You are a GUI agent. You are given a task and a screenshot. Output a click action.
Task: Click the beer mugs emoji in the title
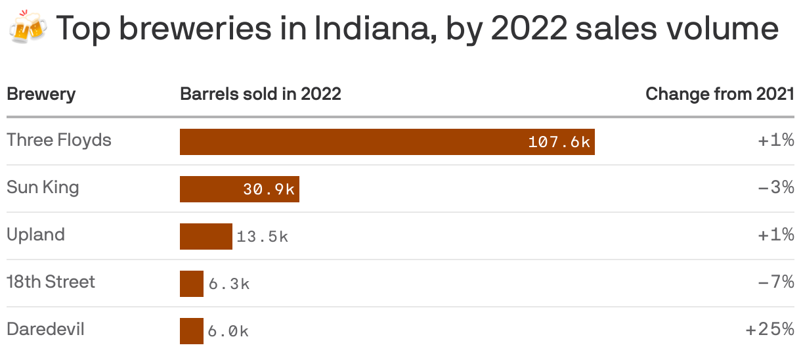(28, 28)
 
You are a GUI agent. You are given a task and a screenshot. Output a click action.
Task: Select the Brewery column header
(41, 94)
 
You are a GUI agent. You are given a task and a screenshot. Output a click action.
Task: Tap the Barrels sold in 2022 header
(261, 94)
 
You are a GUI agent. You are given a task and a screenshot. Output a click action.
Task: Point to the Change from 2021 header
(720, 94)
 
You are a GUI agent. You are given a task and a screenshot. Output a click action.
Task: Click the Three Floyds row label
(59, 141)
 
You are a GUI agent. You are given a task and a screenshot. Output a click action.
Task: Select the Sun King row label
(43, 188)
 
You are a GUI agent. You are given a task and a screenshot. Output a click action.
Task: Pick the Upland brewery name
(35, 235)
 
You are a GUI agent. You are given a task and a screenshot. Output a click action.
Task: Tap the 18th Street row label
(51, 282)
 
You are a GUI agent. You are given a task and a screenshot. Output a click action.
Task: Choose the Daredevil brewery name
(45, 329)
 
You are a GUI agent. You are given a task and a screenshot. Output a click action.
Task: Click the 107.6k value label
(559, 142)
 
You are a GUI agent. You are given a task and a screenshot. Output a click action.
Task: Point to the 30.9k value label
(269, 189)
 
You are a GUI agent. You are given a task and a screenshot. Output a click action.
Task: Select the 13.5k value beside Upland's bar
(262, 236)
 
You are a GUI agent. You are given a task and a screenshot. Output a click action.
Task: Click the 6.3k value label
(229, 284)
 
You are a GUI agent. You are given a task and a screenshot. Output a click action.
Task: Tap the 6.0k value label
(228, 331)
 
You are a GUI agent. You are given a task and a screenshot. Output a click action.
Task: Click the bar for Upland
(206, 236)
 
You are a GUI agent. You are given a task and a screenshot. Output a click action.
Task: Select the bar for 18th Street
(192, 284)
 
